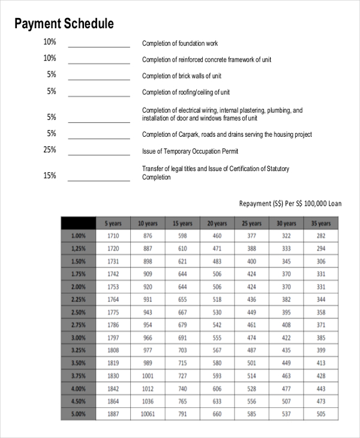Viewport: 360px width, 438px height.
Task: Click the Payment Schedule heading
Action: (x=64, y=24)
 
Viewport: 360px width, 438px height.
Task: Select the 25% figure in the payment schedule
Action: (x=50, y=150)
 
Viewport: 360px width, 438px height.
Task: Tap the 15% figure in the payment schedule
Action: (x=50, y=176)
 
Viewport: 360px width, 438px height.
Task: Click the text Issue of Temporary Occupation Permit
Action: (x=190, y=151)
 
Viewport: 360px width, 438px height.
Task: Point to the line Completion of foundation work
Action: (x=179, y=44)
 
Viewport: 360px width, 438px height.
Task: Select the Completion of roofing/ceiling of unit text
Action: (x=185, y=92)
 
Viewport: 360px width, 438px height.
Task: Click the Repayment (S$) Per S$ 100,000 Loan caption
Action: (x=290, y=204)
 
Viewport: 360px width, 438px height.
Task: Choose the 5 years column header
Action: (x=113, y=223)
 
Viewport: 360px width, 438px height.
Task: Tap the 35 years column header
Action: (x=321, y=223)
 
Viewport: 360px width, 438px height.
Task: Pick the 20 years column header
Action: (x=217, y=223)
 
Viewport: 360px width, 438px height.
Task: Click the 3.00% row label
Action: (x=79, y=338)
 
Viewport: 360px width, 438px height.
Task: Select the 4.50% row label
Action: (x=79, y=401)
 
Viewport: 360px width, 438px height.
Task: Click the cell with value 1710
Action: (x=113, y=236)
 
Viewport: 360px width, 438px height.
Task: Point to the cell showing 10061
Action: (x=148, y=414)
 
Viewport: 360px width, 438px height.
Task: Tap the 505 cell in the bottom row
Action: (x=321, y=414)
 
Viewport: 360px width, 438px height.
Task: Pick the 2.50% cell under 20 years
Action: (x=217, y=313)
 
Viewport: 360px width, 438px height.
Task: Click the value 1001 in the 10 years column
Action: (x=148, y=376)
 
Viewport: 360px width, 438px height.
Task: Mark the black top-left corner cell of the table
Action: (x=79, y=223)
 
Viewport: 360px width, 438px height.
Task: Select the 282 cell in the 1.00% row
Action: (x=321, y=236)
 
